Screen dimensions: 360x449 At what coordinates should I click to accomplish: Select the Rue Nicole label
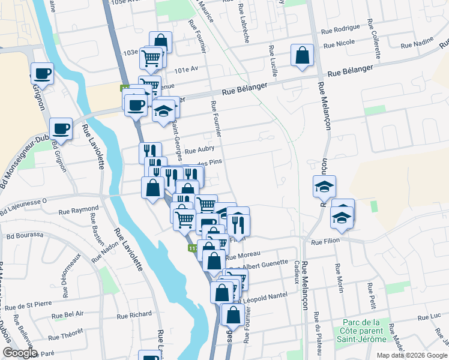pos(340,44)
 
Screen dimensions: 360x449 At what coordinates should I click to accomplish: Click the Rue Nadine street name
pos(417,44)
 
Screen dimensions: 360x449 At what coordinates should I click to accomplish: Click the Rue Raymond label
pos(78,211)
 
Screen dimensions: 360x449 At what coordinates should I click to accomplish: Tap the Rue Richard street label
pos(134,314)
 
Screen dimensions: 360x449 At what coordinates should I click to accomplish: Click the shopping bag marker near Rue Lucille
pos(302,55)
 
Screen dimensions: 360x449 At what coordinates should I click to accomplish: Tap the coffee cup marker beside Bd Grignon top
pos(42,73)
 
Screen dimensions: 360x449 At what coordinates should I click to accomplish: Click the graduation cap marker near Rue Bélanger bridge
pos(163,111)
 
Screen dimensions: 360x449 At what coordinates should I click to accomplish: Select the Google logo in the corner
pos(20,353)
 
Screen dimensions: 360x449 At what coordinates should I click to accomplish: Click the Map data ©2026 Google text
pos(412,355)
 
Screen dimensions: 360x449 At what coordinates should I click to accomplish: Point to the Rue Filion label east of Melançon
pos(325,241)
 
